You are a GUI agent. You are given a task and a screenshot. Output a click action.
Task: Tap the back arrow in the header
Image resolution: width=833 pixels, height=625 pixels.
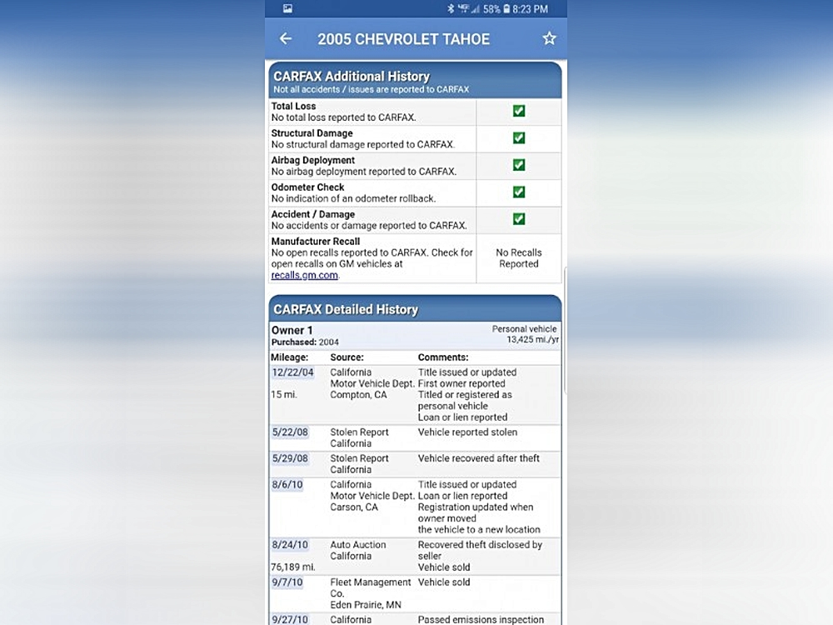point(286,39)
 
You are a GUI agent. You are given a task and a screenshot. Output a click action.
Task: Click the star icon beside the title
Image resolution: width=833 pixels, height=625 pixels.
point(549,39)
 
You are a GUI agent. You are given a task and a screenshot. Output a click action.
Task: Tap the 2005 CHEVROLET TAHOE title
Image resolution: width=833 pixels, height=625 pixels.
point(404,39)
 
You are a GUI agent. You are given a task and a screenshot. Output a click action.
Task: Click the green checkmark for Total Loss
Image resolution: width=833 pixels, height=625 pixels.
point(519,112)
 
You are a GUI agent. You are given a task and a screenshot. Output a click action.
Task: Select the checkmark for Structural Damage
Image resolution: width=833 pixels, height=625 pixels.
point(519,138)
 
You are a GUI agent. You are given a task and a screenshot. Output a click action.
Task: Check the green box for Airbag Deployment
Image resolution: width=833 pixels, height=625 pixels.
point(519,165)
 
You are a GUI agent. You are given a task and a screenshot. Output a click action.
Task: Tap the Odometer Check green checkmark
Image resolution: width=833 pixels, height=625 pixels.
point(519,192)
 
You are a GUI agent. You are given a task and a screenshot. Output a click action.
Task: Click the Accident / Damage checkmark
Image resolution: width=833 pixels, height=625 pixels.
point(519,219)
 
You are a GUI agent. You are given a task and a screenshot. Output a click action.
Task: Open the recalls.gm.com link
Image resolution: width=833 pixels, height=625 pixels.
point(305,275)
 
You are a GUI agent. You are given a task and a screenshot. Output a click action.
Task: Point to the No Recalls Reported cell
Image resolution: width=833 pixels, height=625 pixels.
point(519,258)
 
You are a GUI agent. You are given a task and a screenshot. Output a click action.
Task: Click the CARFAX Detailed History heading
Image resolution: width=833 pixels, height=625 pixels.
point(346,309)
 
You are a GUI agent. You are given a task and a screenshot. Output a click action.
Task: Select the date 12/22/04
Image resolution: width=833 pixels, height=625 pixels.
point(292,372)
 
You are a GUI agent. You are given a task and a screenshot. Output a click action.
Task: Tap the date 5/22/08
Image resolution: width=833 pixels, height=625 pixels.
point(289,432)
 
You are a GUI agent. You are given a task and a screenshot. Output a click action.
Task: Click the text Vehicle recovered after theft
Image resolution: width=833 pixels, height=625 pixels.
point(479,458)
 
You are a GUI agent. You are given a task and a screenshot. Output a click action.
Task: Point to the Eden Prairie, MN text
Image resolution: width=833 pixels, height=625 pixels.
point(366,605)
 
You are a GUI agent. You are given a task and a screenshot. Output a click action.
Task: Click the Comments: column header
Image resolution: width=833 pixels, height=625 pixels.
point(443,357)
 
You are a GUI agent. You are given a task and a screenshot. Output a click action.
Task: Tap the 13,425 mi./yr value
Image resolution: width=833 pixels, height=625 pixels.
point(531,340)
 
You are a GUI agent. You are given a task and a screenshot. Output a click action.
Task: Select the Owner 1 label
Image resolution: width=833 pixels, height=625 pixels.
point(287,330)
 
